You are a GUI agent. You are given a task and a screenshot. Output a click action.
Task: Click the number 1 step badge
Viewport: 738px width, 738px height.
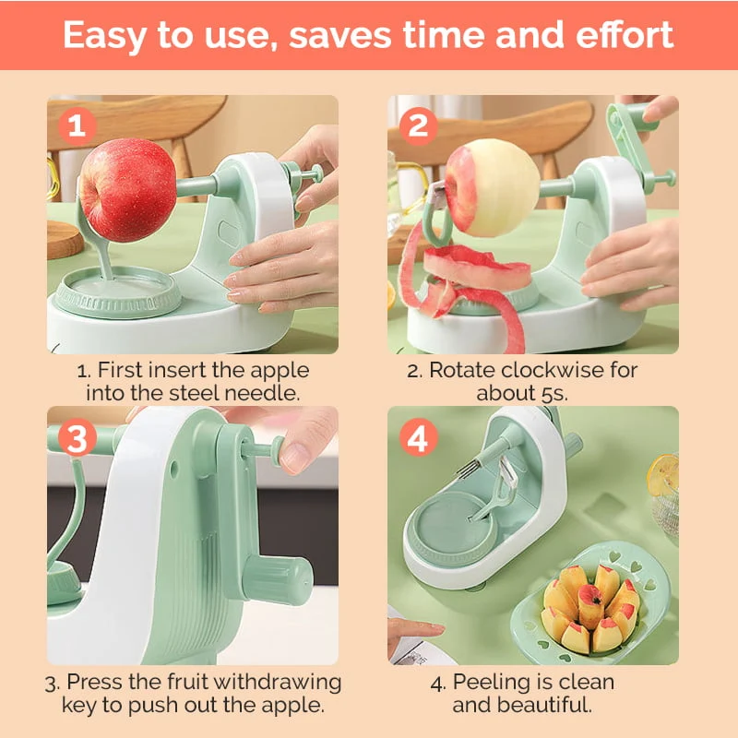click(77, 126)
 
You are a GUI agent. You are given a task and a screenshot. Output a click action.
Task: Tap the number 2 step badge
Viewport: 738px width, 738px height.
click(418, 126)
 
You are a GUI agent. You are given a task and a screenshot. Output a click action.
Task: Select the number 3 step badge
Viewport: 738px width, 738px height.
click(77, 437)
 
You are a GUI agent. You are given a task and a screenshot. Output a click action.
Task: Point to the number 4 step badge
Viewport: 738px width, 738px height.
click(418, 437)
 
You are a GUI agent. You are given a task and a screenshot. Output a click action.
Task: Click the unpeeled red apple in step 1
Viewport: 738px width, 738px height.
click(127, 190)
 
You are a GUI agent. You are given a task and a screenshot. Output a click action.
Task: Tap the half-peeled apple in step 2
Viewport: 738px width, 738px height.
click(493, 187)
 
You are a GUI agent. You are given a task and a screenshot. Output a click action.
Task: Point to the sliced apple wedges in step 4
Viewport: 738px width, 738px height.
click(590, 608)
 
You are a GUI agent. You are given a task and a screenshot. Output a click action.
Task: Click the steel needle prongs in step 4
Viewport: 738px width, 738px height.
click(467, 470)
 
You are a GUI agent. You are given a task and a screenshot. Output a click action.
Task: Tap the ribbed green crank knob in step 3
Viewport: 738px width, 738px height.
click(278, 579)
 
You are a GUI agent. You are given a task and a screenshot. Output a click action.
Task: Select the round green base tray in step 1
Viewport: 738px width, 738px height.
click(118, 292)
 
